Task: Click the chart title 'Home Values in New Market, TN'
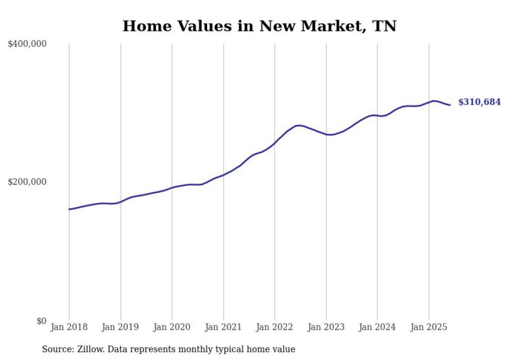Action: click(x=259, y=26)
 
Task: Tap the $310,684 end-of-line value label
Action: click(x=479, y=102)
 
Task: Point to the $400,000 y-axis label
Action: click(x=27, y=44)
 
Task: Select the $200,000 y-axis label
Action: click(x=27, y=182)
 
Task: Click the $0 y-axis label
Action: click(x=41, y=321)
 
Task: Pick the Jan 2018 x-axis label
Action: click(x=69, y=327)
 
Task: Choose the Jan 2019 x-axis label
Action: click(x=121, y=327)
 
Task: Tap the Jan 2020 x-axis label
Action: click(x=172, y=327)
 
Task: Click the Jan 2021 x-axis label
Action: click(x=223, y=327)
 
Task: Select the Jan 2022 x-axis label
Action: click(x=275, y=327)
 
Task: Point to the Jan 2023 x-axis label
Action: click(x=326, y=327)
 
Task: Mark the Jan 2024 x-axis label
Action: click(x=377, y=327)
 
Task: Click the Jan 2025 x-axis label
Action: click(x=429, y=327)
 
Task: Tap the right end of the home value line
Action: click(x=450, y=105)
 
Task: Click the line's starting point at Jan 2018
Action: click(x=69, y=209)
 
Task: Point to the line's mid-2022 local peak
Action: click(x=299, y=125)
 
